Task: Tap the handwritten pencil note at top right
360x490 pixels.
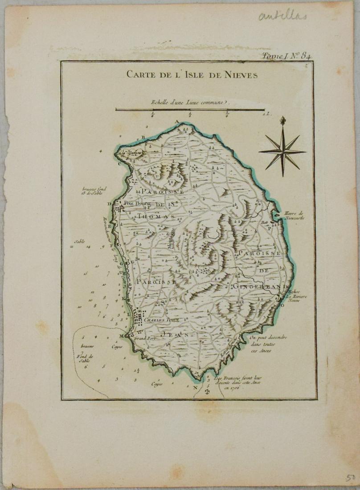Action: coord(282,16)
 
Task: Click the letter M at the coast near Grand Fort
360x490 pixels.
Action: coord(120,335)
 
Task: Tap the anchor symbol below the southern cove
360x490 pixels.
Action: coord(206,392)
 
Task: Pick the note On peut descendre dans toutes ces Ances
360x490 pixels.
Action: coord(266,344)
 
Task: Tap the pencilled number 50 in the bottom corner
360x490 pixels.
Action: coord(350,478)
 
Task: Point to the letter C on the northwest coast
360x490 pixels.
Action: coord(119,163)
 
